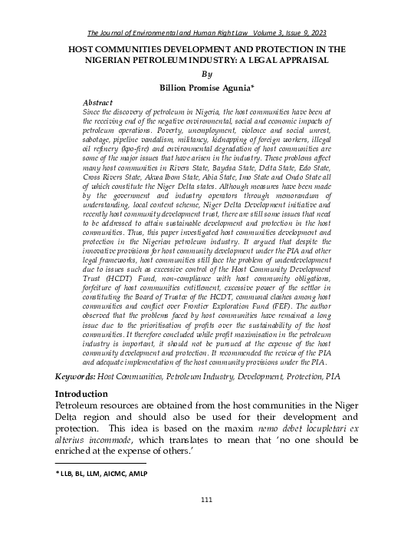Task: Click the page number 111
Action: (x=206, y=501)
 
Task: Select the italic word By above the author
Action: (x=206, y=74)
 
